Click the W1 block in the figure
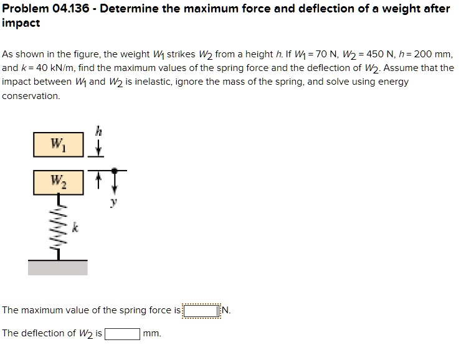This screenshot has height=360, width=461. pos(60,147)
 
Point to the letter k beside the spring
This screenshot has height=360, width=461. pos(77,230)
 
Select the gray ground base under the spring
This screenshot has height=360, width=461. pos(58,268)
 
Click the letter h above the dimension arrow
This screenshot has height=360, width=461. pos(97,130)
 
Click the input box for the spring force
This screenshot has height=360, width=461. pos(201,310)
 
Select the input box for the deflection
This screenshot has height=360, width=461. pos(122,333)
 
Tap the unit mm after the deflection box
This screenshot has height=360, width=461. pos(152,333)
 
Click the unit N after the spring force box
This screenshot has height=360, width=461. pos(226,310)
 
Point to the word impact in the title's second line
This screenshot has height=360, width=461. pos(21,23)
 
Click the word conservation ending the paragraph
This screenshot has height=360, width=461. pos(31,96)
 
